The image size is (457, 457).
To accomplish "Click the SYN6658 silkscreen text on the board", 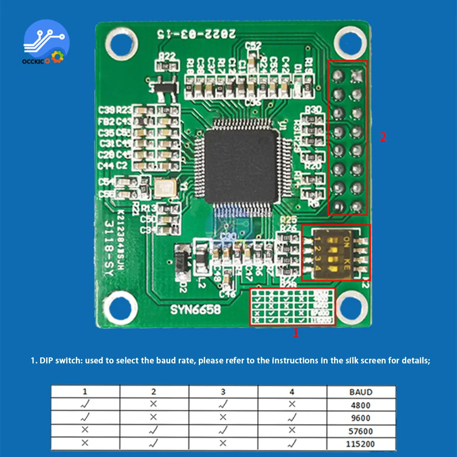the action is pos(196,309).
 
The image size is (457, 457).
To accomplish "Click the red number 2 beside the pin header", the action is pos(383,137).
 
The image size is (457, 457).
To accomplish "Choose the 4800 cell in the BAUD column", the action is pos(361,405).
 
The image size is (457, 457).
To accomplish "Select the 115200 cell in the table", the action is pos(361,443).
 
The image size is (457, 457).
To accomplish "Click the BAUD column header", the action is pos(361,392).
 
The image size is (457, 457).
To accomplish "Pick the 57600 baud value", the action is pos(361,431).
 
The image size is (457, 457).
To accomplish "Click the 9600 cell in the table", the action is pos(361,418).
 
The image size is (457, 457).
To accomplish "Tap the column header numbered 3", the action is pos(223,392).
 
